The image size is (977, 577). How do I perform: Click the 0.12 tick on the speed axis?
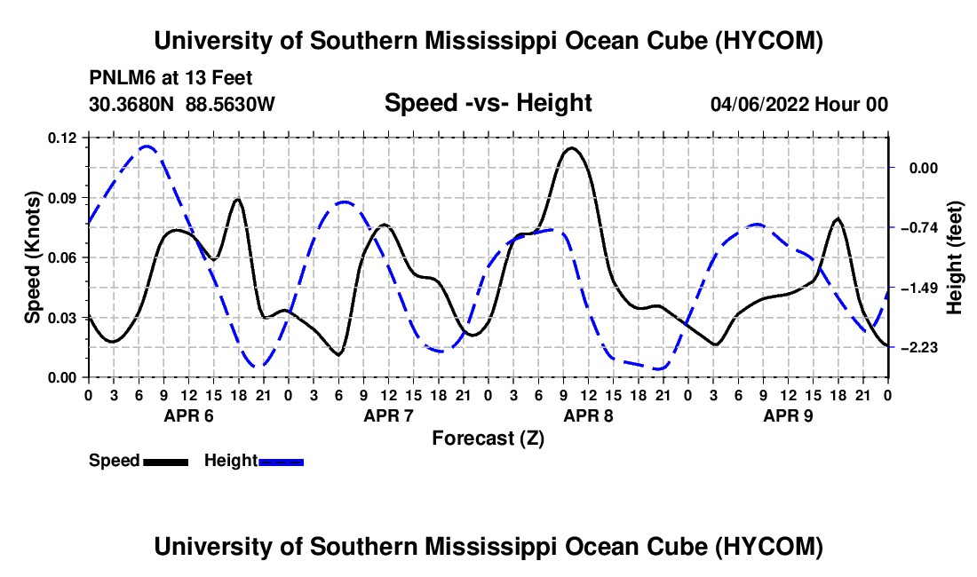pyautogui.click(x=61, y=138)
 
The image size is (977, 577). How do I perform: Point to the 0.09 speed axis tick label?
pyautogui.click(x=61, y=198)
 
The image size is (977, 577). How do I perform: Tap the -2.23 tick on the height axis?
pyautogui.click(x=919, y=347)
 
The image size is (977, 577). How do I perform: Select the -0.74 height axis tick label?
pyautogui.click(x=919, y=228)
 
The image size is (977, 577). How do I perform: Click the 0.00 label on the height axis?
pyautogui.click(x=924, y=168)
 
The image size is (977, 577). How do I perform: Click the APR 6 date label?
pyautogui.click(x=189, y=415)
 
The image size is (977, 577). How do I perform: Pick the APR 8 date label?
pyautogui.click(x=588, y=415)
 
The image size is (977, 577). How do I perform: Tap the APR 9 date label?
pyautogui.click(x=788, y=415)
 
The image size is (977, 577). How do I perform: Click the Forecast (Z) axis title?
pyautogui.click(x=488, y=439)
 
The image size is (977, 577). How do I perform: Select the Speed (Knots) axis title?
pyautogui.click(x=32, y=257)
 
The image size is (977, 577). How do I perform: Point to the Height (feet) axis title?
pyautogui.click(x=955, y=257)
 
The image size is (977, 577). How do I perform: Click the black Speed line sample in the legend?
pyautogui.click(x=166, y=462)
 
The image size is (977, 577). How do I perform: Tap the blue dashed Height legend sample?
pyautogui.click(x=281, y=462)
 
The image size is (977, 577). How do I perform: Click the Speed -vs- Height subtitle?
pyautogui.click(x=488, y=103)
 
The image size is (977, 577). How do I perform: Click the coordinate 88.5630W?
pyautogui.click(x=230, y=104)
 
